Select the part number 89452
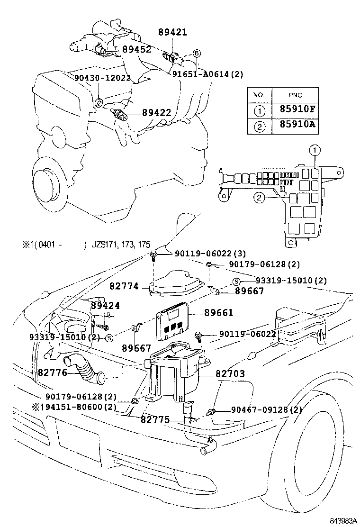click(137, 49)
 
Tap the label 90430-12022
click(102, 78)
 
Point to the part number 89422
click(157, 112)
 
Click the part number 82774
click(124, 286)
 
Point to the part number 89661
click(219, 313)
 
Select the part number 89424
click(105, 306)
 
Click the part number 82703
click(230, 374)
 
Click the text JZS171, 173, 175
click(121, 245)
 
